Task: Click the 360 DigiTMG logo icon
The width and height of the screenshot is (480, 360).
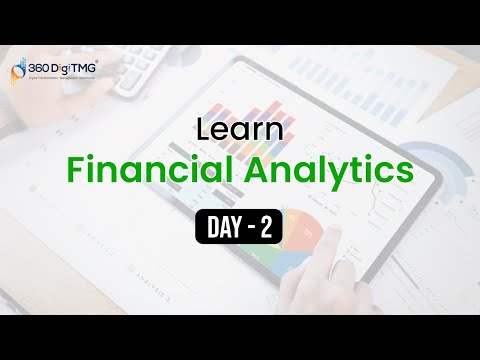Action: pyautogui.click(x=17, y=69)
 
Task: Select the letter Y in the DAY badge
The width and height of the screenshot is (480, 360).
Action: pyautogui.click(x=233, y=229)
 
